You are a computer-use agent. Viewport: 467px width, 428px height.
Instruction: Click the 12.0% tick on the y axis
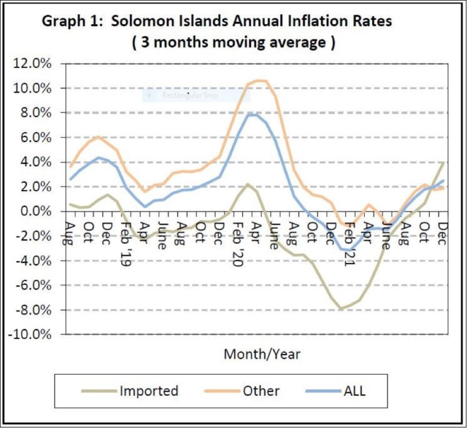click(x=35, y=64)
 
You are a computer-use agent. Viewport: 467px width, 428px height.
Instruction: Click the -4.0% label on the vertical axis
click(x=35, y=261)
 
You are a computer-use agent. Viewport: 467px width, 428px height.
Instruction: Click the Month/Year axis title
click(x=262, y=354)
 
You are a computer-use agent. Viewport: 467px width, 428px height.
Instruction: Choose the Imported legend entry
click(x=148, y=390)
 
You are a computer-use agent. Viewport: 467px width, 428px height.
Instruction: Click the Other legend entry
click(x=261, y=390)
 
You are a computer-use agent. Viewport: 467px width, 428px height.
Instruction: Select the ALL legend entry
click(x=354, y=390)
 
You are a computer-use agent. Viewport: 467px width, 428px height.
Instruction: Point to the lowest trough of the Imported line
click(x=342, y=309)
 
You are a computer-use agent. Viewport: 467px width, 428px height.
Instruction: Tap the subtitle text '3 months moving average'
click(x=233, y=43)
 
